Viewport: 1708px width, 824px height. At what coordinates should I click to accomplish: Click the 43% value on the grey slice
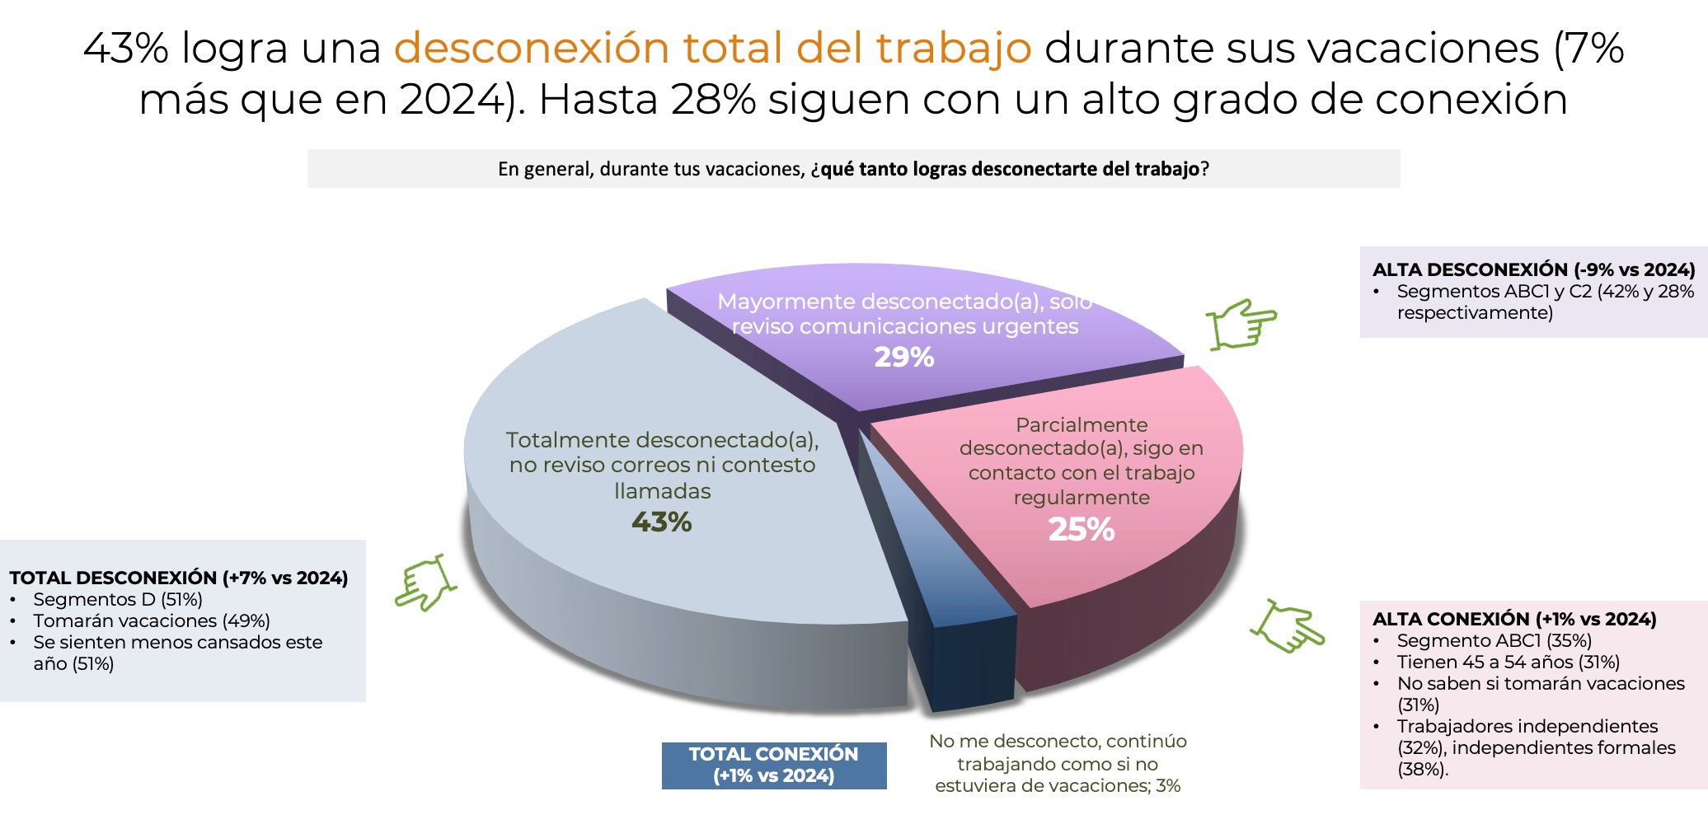click(x=661, y=522)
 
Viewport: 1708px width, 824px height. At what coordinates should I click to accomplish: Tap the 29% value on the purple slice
click(x=903, y=357)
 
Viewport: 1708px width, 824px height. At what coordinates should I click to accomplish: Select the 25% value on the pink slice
click(x=1081, y=529)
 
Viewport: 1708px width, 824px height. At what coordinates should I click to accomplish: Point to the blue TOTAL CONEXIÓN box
click(x=773, y=765)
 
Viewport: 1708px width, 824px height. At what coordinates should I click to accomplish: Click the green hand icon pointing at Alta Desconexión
click(x=1241, y=324)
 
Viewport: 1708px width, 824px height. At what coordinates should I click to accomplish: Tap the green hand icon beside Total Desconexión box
click(x=424, y=583)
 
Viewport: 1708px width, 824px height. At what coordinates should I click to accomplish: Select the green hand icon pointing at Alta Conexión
click(x=1287, y=626)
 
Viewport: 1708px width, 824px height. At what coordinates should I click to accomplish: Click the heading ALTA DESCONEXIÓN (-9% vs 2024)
click(x=1533, y=269)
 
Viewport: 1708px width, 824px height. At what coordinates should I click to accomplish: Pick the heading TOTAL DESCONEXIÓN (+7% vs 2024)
click(x=178, y=578)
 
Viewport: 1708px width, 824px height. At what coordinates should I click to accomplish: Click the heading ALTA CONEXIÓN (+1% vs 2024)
click(x=1513, y=619)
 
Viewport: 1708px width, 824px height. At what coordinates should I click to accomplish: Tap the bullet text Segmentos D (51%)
click(x=117, y=599)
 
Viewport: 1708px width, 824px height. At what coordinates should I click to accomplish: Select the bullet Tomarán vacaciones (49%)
click(x=151, y=620)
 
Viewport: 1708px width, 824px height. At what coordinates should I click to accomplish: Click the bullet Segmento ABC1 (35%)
click(x=1494, y=640)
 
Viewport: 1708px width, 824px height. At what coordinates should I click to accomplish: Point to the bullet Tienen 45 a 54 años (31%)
click(x=1508, y=662)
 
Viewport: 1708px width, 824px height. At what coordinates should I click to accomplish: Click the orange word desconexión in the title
click(x=531, y=47)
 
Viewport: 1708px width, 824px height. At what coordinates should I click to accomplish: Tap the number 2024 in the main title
click(x=452, y=100)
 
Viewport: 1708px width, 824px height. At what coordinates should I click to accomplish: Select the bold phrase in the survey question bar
click(x=1010, y=169)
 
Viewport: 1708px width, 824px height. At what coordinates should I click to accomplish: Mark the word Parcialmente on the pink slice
click(x=1081, y=425)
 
